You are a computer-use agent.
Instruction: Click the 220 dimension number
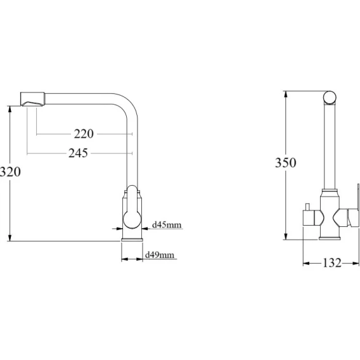[x=84, y=134]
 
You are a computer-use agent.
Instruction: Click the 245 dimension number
[x=78, y=153]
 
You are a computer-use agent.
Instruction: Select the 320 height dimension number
[x=10, y=172]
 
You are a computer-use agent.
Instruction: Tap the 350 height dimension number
[x=286, y=162]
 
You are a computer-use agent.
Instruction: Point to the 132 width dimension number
[x=332, y=263]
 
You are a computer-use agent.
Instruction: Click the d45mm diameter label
[x=167, y=224]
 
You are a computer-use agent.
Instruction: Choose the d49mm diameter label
[x=160, y=255]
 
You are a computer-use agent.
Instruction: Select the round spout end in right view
[x=330, y=98]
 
